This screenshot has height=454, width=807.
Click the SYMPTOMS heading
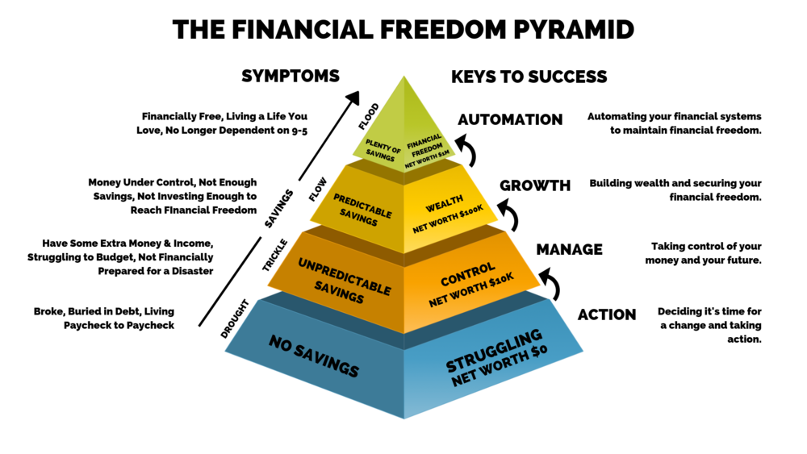click(x=291, y=76)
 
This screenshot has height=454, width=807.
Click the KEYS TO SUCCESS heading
click(x=529, y=77)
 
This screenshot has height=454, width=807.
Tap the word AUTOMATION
click(x=510, y=119)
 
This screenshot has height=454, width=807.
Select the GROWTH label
click(x=535, y=185)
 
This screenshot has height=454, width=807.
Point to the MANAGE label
click(x=569, y=249)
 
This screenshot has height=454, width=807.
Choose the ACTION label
click(x=607, y=314)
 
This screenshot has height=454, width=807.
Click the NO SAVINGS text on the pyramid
click(x=314, y=356)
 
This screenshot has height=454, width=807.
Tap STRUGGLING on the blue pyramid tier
click(x=494, y=350)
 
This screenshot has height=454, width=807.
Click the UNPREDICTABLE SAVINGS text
click(x=343, y=280)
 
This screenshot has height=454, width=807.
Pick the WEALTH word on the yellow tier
click(x=444, y=203)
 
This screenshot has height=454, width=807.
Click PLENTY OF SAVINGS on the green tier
click(x=382, y=150)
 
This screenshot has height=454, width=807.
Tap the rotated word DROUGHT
click(x=235, y=319)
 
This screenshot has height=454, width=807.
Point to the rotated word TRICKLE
click(x=275, y=255)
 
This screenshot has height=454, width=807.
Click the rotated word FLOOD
click(x=369, y=116)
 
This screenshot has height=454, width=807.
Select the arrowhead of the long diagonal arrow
click(x=353, y=98)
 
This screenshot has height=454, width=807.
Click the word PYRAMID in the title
click(x=574, y=29)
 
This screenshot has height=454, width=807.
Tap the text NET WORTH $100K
click(x=448, y=219)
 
